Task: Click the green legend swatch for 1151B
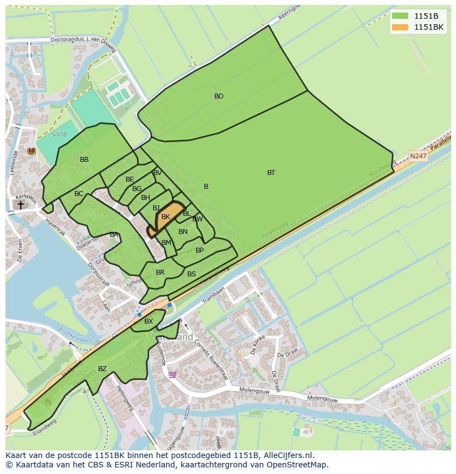[400, 16]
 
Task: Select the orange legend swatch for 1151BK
[400, 27]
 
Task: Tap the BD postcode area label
[219, 96]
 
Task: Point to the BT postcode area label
[271, 173]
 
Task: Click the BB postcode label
[84, 160]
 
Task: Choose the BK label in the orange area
[166, 217]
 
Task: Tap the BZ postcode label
[102, 369]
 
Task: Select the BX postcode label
[149, 322]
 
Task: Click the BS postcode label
[192, 274]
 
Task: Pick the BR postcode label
[160, 273]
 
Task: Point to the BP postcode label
[199, 250]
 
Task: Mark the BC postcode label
[79, 194]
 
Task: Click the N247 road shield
[418, 156]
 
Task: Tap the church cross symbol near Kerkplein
[20, 205]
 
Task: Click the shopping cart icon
[172, 375]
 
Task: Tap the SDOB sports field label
[59, 134]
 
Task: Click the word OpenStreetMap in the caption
[298, 465]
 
